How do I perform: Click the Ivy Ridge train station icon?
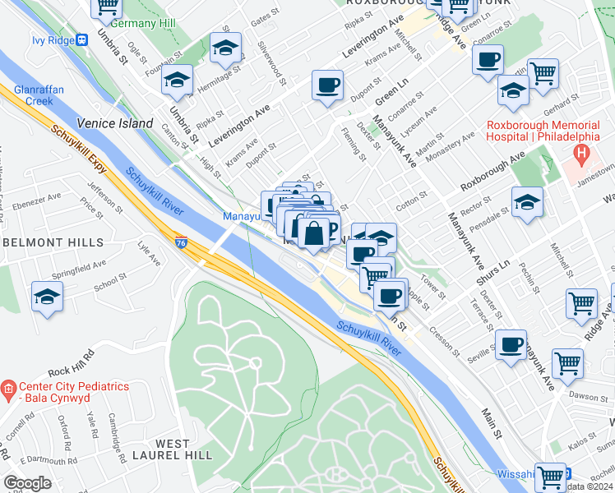coord(81,39)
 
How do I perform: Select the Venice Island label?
coord(115,123)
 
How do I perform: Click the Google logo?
coord(28,482)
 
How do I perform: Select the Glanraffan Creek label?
coord(32,95)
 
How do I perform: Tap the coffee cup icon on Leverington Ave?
coord(327,86)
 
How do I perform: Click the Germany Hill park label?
coord(145,22)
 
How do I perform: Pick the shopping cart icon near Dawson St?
coord(568,362)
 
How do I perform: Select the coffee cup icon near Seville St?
coord(511,345)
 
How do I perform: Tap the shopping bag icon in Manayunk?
coord(313,234)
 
